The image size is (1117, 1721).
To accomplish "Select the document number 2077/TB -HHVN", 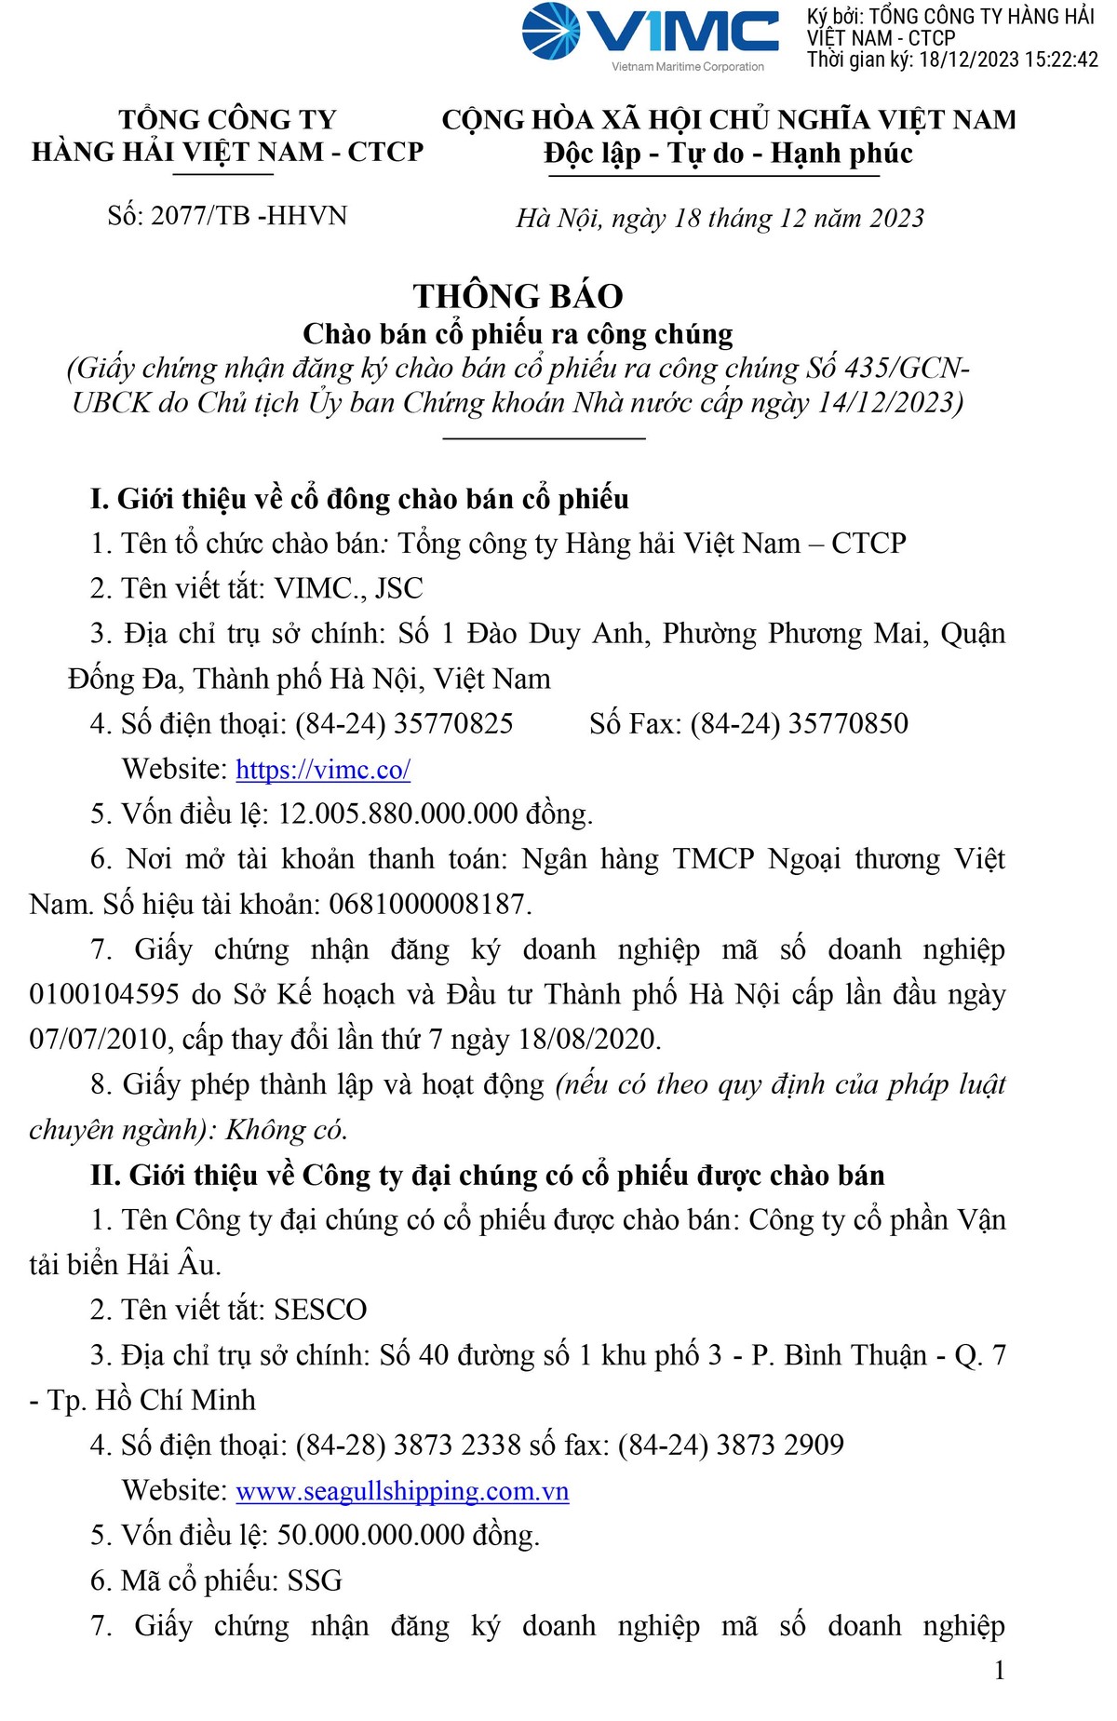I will point(249,216).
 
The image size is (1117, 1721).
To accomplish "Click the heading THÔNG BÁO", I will point(518,296).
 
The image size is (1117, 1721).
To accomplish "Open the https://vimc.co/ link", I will point(323,770).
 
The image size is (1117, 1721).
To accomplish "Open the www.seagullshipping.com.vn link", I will point(402,1491).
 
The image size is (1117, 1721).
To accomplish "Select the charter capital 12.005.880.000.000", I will point(397,814).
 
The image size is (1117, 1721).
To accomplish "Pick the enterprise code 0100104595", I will point(104,995).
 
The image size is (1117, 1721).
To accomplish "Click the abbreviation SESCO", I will point(320,1311).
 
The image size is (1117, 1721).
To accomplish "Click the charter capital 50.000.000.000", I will point(370,1536).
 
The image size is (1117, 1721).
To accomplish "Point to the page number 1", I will point(1000,1671).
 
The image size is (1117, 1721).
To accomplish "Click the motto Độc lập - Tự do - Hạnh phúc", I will point(728,154).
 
